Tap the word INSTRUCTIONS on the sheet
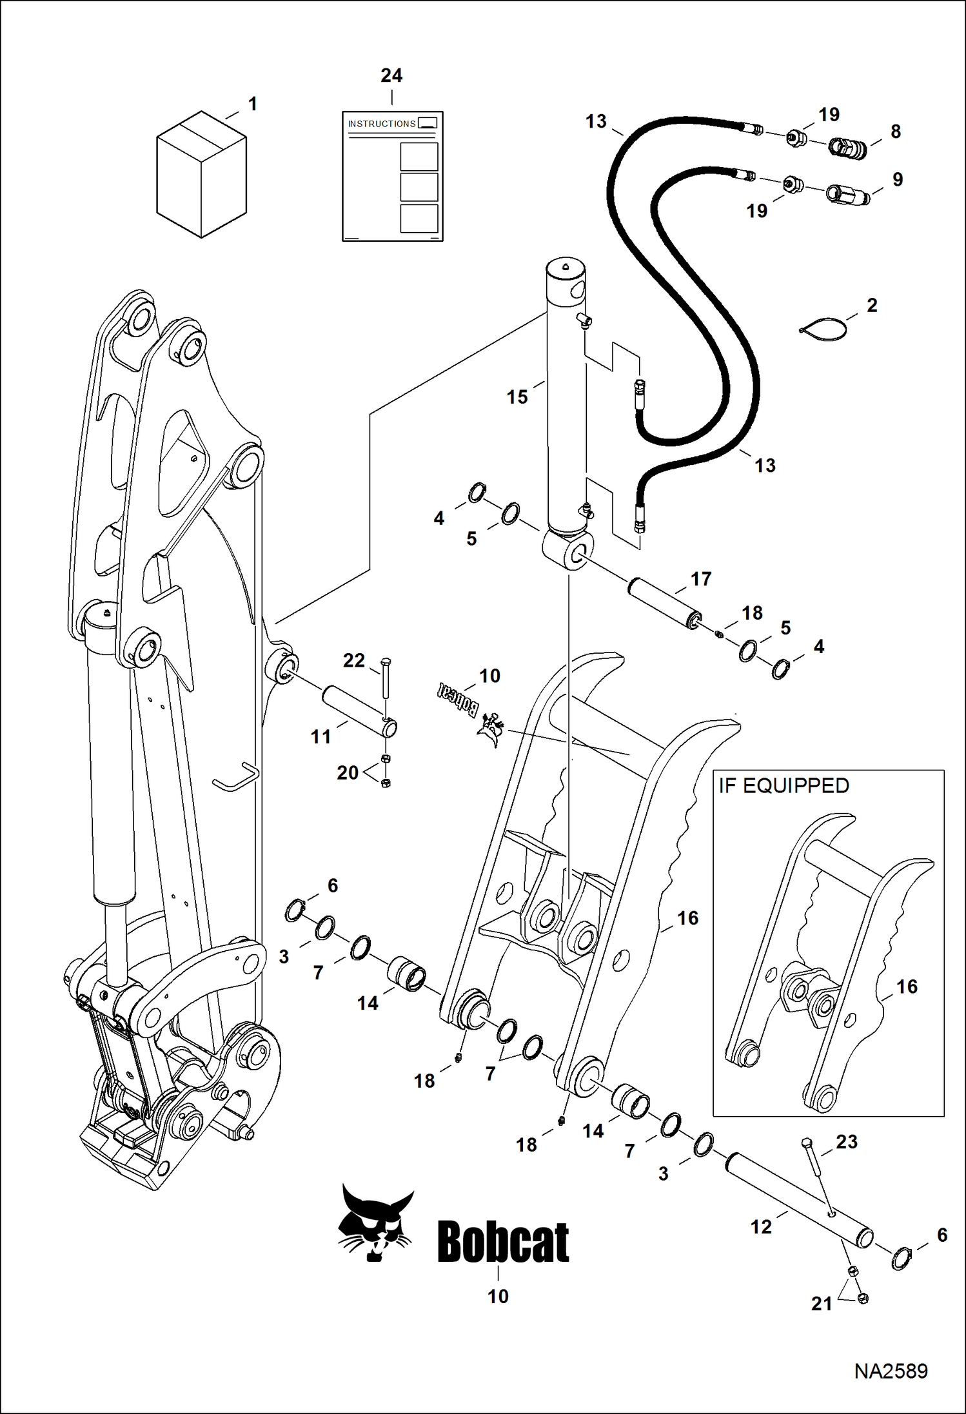tap(382, 124)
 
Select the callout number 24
tap(391, 76)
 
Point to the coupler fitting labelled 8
tap(847, 148)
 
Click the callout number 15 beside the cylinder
tap(517, 397)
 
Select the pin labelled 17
tap(663, 603)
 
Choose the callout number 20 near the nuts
tap(348, 772)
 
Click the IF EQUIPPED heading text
tap(784, 786)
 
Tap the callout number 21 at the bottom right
tap(822, 1304)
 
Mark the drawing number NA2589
tap(891, 1371)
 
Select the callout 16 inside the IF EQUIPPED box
tap(907, 987)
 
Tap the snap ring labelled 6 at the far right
tap(901, 1258)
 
